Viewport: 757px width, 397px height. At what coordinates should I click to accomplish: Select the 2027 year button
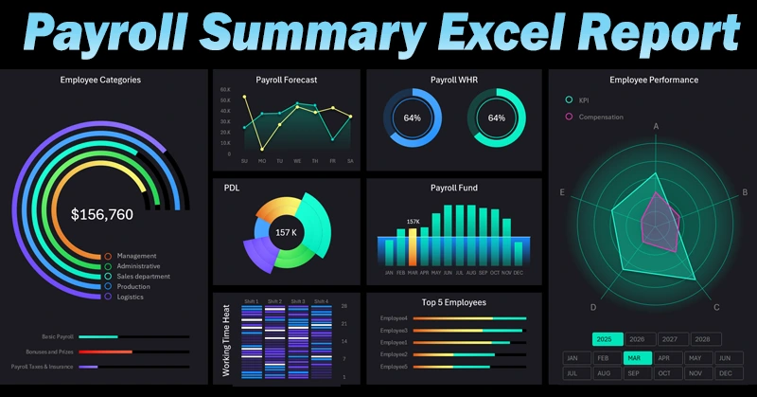pos(669,338)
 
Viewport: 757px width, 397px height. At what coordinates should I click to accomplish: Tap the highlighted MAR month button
pos(637,358)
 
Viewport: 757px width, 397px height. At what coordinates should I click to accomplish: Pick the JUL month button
pos(571,374)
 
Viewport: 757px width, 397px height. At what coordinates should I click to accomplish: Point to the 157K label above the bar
pos(413,222)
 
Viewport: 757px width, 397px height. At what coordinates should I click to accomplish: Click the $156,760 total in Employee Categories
pos(102,214)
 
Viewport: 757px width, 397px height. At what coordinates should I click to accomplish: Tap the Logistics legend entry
pos(132,297)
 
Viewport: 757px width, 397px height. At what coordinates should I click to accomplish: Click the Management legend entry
pos(136,256)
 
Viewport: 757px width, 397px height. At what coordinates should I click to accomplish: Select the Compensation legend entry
pos(603,117)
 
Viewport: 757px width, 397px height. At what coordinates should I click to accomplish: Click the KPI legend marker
pos(569,99)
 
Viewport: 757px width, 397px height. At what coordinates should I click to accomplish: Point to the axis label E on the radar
pos(562,193)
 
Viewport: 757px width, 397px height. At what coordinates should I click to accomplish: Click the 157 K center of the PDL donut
pos(287,232)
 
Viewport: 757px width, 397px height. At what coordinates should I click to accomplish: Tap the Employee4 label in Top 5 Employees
pos(393,318)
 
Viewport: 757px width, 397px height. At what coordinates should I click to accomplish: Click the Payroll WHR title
pos(455,80)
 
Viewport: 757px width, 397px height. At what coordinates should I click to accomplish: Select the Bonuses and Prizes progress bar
pos(106,352)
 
